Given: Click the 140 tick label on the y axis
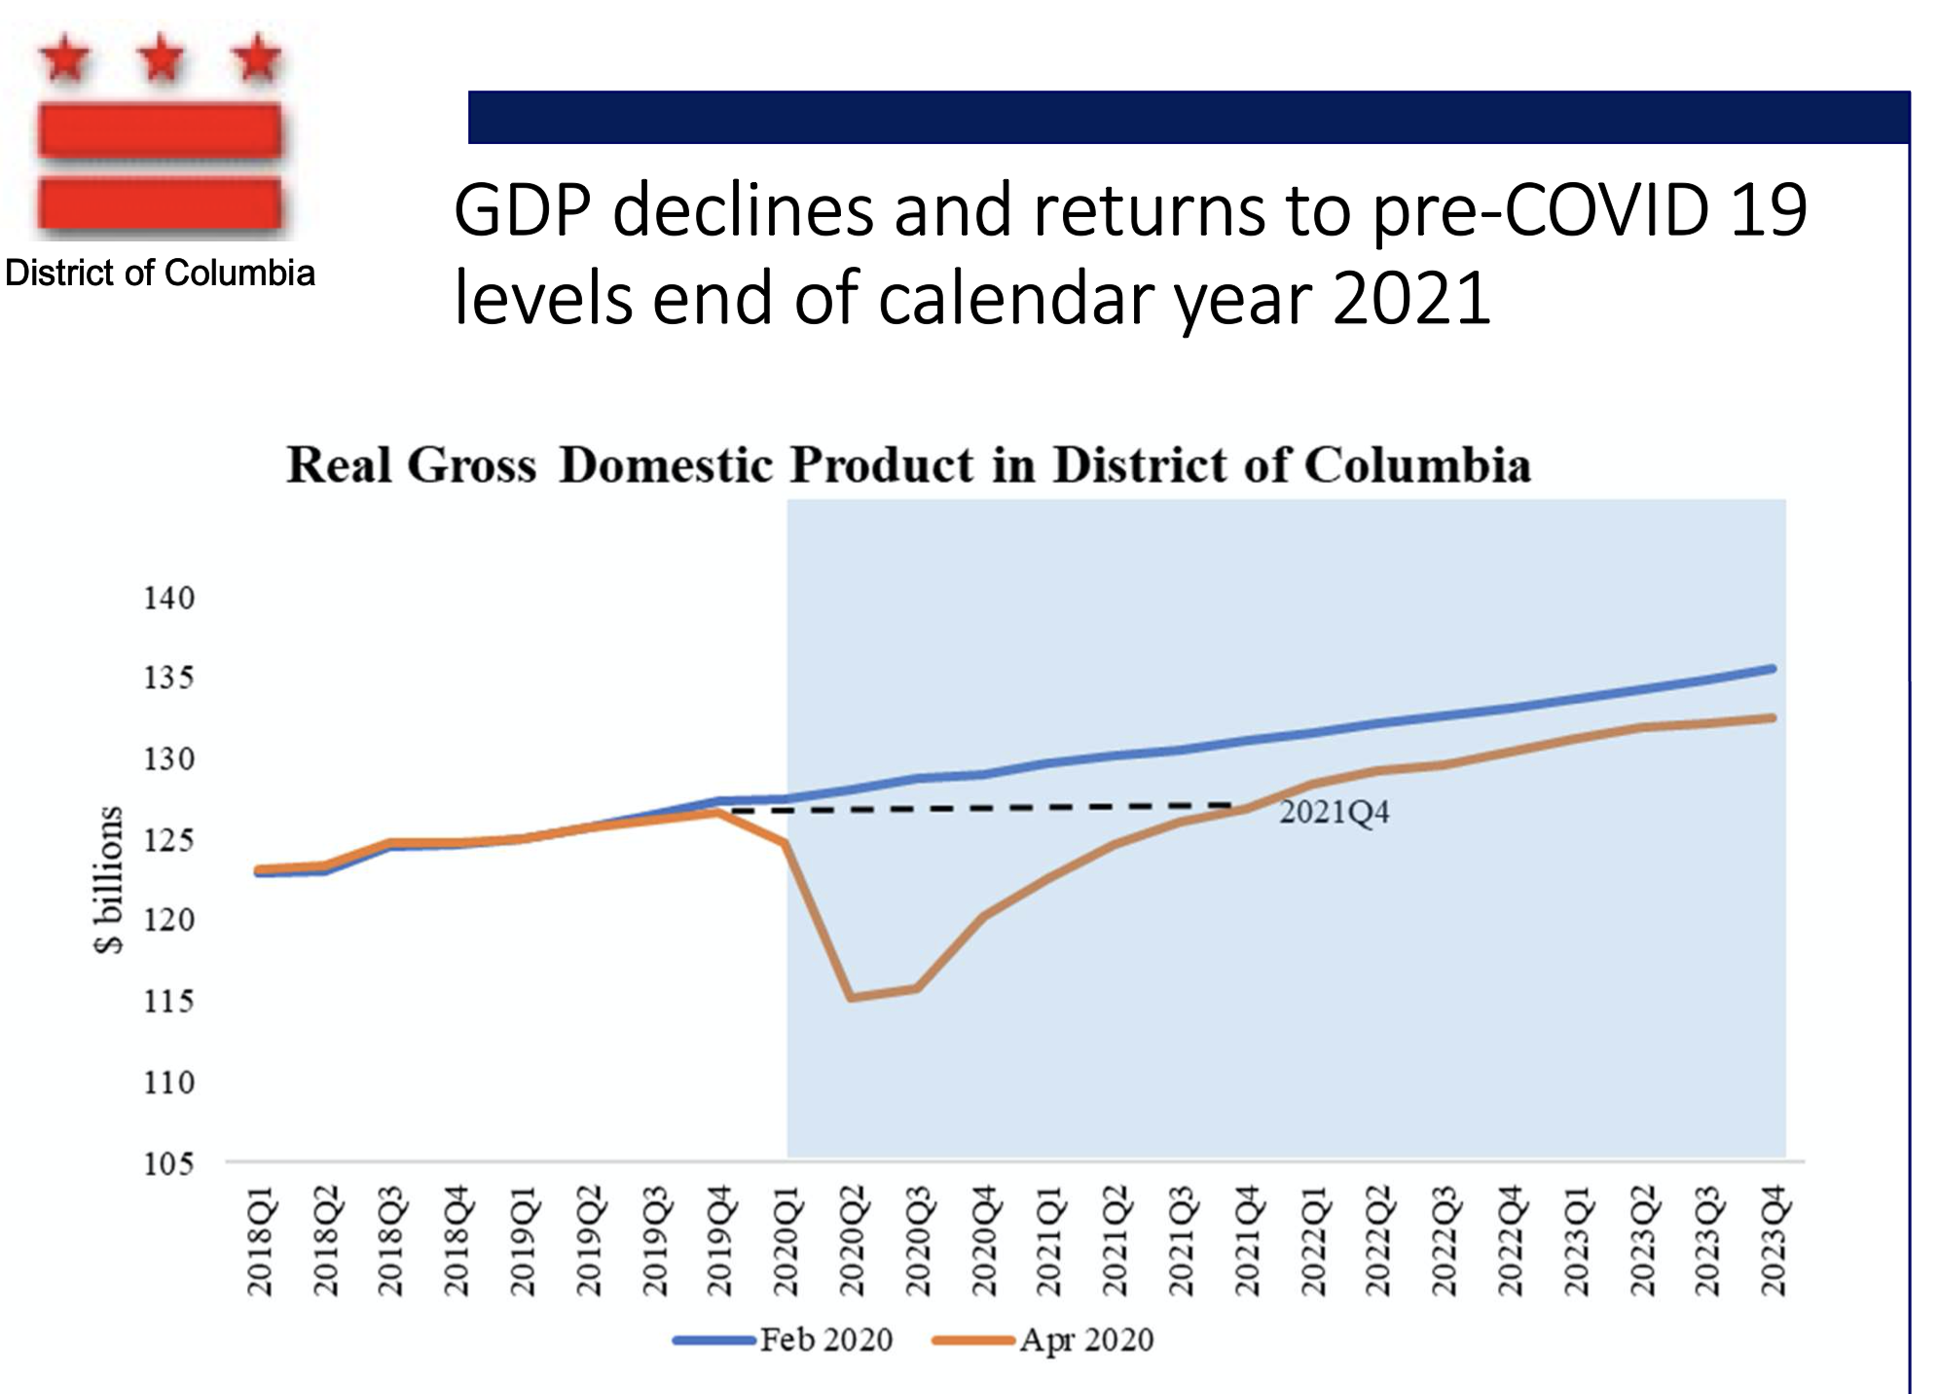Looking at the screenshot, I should click(x=169, y=598).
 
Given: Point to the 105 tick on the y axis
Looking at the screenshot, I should click(x=169, y=1163).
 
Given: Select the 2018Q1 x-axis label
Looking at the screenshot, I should click(x=260, y=1240).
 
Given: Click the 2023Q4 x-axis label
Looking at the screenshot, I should click(x=1774, y=1240).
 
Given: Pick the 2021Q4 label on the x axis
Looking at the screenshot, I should click(x=1248, y=1240).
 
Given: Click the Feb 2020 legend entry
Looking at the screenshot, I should click(x=825, y=1339).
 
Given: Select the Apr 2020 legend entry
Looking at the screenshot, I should click(x=1085, y=1339).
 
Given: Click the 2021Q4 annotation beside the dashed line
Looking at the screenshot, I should click(x=1334, y=812).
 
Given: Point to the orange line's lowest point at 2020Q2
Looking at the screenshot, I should click(x=852, y=997).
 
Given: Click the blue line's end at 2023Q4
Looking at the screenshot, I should click(x=1773, y=669).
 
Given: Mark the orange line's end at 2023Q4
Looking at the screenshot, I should click(x=1773, y=718).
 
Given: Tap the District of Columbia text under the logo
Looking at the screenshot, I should click(x=161, y=274).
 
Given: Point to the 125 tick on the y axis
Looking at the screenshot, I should click(x=169, y=839).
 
